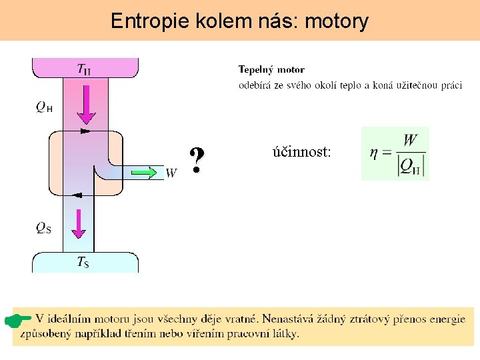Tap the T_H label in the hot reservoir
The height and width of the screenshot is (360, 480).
[85, 69]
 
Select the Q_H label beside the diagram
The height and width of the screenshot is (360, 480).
[45, 107]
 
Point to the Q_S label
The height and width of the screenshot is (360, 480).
[43, 228]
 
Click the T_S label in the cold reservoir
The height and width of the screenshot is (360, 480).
[83, 262]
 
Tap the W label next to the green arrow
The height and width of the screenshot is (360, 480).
[171, 173]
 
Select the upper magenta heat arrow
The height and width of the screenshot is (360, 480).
[86, 103]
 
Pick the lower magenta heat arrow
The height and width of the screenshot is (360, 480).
[79, 223]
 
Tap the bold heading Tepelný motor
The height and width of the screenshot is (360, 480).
[271, 69]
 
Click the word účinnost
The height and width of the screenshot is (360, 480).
[301, 152]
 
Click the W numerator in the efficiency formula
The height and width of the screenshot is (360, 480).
[410, 140]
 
